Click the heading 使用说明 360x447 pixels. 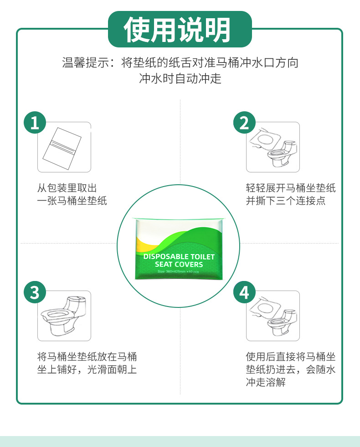(180, 30)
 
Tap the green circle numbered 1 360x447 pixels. (35, 122)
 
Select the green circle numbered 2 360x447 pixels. (244, 122)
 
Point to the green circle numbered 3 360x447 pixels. (35, 291)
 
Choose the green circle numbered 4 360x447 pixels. (244, 291)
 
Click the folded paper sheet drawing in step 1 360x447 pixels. (61, 147)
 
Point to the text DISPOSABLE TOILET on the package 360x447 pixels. (179, 257)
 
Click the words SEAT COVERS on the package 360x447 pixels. (179, 265)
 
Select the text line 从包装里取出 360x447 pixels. (67, 188)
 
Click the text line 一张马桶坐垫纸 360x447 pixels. (72, 201)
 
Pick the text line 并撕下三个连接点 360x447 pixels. (286, 201)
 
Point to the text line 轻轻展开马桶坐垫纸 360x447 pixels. (291, 188)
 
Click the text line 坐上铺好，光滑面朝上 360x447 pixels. (87, 369)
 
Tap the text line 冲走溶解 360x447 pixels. (266, 382)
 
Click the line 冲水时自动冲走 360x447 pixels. (180, 78)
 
